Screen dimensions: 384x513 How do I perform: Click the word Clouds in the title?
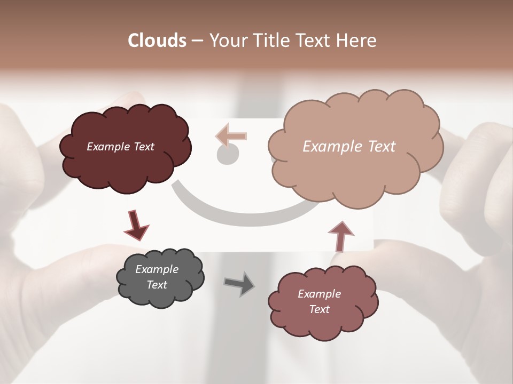click(x=157, y=40)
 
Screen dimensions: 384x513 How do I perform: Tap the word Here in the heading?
click(x=356, y=40)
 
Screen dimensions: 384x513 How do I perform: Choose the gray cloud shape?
click(x=160, y=296)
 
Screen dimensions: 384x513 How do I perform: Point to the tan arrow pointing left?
click(x=231, y=135)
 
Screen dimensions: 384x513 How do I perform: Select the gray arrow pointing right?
click(x=239, y=283)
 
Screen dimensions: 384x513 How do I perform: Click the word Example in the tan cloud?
click(x=329, y=147)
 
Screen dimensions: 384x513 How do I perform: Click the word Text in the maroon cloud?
click(x=144, y=147)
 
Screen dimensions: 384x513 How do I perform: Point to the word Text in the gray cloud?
click(x=157, y=285)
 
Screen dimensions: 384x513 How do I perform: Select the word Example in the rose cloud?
click(x=319, y=294)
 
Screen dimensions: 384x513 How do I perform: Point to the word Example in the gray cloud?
click(x=157, y=269)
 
